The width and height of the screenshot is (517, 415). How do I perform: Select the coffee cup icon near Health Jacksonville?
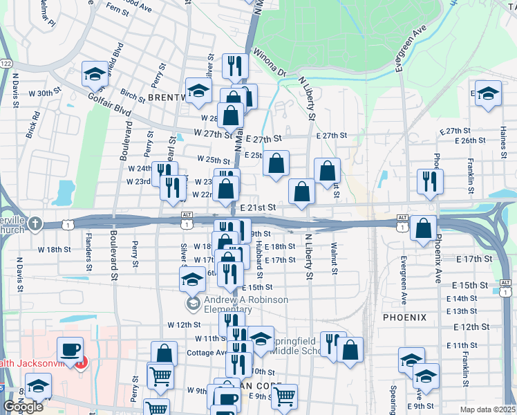point(70,349)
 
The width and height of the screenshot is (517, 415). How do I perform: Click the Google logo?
point(23,407)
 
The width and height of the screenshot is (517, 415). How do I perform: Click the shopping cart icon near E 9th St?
point(284,397)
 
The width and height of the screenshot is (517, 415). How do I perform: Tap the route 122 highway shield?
point(6,63)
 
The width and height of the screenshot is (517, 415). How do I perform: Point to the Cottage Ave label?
point(207,352)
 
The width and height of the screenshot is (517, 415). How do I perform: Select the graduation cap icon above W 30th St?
point(95,74)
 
